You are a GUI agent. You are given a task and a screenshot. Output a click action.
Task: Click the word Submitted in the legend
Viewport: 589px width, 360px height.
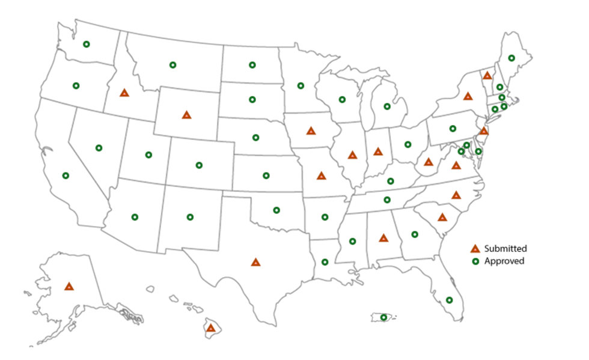(505, 248)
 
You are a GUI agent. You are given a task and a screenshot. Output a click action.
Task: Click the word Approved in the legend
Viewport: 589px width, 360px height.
(504, 261)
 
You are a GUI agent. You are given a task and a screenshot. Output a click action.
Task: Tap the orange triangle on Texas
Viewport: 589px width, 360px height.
(255, 262)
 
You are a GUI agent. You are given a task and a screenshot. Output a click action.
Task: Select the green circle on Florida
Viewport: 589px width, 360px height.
(449, 300)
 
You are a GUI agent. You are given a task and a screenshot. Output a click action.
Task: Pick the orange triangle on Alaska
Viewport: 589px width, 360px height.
(69, 287)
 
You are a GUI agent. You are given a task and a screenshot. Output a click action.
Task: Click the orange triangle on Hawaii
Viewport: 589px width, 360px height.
(210, 328)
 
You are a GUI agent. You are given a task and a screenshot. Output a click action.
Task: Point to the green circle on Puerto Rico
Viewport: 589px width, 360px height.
(383, 317)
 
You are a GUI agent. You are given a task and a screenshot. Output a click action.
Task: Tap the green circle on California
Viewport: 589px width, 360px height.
(66, 175)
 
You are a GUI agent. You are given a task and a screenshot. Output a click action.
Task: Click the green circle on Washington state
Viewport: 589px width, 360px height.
(86, 44)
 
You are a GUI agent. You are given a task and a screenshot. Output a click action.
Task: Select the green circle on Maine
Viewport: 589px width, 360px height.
(511, 58)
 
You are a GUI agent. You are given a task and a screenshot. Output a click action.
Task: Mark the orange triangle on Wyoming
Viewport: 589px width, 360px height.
(186, 114)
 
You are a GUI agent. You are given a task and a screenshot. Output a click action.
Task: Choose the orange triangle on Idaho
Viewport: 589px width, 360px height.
(124, 93)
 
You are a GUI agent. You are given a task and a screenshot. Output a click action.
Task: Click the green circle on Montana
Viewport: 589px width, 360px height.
(172, 65)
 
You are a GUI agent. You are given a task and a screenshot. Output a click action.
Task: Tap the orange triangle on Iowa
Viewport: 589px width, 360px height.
(311, 130)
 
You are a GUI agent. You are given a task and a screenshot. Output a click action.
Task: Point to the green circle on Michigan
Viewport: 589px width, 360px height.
(387, 107)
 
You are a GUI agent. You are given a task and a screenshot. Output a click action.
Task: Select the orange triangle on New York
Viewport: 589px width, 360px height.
(468, 96)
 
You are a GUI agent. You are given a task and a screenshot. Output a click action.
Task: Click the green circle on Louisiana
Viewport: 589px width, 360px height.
(325, 262)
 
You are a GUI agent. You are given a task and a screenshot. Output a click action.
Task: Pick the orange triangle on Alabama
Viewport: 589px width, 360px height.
(383, 238)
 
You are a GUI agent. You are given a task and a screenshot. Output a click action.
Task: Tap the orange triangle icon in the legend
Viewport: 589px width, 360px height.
(475, 248)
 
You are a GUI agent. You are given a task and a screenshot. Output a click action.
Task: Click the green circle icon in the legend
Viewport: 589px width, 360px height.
(475, 261)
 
